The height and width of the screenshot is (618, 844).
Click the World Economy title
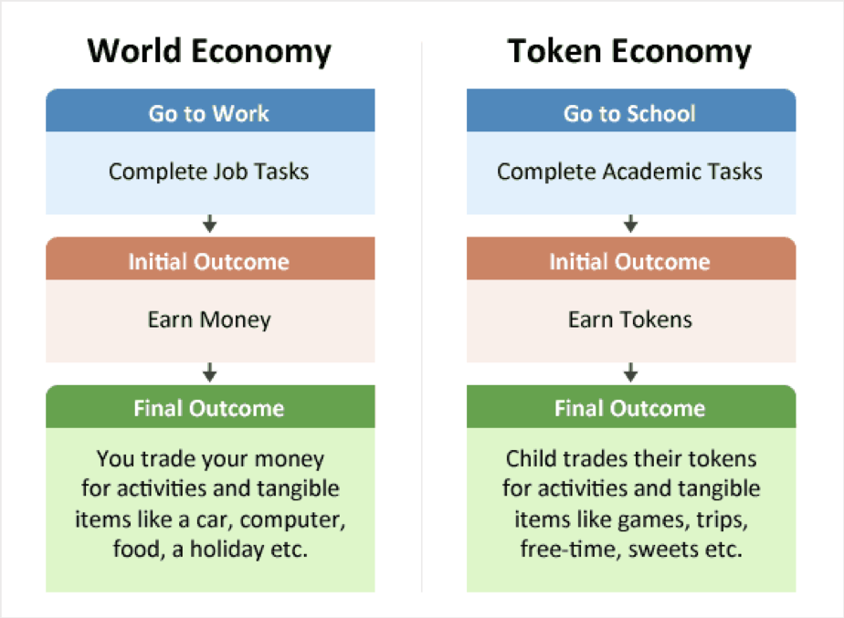[209, 52]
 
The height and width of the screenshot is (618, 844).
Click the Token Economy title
[630, 52]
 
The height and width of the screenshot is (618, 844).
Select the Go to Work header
[209, 113]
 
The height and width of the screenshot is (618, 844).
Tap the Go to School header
[630, 113]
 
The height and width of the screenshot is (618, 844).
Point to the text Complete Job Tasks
[209, 171]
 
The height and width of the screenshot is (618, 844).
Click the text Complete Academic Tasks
[630, 171]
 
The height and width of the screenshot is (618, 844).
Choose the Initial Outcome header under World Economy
[209, 261]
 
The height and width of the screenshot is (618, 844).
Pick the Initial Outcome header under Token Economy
[630, 261]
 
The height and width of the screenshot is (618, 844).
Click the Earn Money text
[209, 319]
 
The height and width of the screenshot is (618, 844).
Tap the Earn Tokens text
[630, 319]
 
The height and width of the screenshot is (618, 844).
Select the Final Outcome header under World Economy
[209, 408]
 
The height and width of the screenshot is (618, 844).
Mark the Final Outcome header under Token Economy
[630, 408]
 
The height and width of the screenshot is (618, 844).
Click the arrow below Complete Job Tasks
[210, 224]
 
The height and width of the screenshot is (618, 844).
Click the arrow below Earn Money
[210, 372]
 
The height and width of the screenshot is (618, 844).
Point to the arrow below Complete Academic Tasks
[630, 224]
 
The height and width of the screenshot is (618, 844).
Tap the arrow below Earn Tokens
[630, 372]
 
